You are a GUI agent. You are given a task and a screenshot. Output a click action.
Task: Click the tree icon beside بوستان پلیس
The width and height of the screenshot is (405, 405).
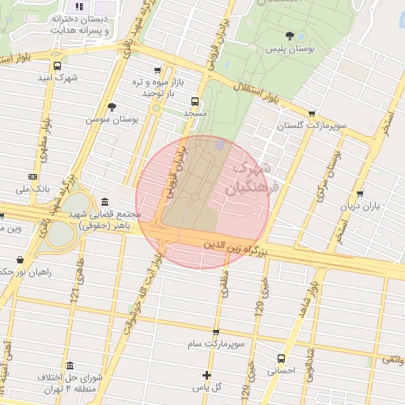(x=290, y=35)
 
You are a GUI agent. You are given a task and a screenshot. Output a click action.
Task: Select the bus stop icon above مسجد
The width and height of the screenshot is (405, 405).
(x=195, y=100)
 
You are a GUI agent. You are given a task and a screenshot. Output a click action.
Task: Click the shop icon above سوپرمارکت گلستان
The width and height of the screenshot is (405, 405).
(x=312, y=113)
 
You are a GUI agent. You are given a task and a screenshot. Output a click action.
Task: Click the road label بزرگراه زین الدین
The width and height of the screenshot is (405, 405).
(x=238, y=248)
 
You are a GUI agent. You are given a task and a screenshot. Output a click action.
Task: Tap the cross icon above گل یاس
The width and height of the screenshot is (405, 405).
(x=207, y=374)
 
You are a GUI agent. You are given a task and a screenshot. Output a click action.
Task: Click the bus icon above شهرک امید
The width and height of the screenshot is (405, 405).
(x=56, y=66)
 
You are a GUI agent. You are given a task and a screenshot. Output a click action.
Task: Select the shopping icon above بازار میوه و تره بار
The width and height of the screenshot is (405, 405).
(x=157, y=70)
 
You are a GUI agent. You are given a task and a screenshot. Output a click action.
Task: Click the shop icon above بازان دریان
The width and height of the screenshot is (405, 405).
(x=361, y=193)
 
